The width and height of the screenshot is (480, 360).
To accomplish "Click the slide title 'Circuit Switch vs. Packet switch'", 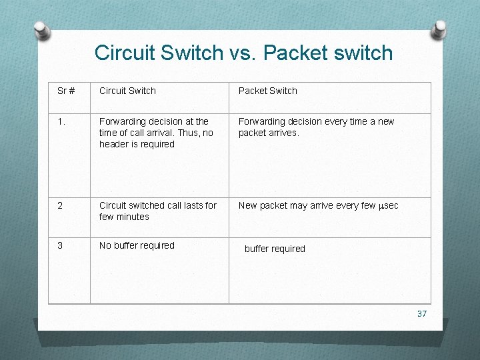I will click(x=243, y=53).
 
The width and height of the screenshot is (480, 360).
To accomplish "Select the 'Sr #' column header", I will click(x=66, y=91).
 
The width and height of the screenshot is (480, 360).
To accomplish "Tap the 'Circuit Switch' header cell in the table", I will click(x=127, y=91).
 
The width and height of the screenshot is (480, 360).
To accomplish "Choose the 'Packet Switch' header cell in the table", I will click(x=267, y=91).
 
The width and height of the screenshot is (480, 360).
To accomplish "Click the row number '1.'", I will click(x=63, y=121).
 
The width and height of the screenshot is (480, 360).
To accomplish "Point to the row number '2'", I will click(x=60, y=205).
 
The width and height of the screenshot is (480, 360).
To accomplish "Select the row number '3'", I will click(x=60, y=245).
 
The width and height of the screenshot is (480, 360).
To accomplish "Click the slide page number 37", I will click(x=421, y=313).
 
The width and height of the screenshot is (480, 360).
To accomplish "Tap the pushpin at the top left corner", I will click(x=41, y=31).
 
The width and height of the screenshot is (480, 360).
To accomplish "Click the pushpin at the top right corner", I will click(x=439, y=30).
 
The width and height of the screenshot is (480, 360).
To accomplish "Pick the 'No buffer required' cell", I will click(x=137, y=245).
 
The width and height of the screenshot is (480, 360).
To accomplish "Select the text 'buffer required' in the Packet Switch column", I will click(x=275, y=249).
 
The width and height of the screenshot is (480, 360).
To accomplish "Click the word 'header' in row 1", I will click(x=114, y=144).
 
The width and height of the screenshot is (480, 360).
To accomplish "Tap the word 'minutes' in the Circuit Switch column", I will click(x=133, y=217).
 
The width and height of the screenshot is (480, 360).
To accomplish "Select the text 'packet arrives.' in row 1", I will click(x=269, y=133).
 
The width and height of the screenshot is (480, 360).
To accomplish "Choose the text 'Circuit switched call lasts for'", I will click(x=158, y=205).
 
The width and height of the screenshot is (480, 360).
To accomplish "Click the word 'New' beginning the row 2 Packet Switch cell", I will click(x=247, y=205).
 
